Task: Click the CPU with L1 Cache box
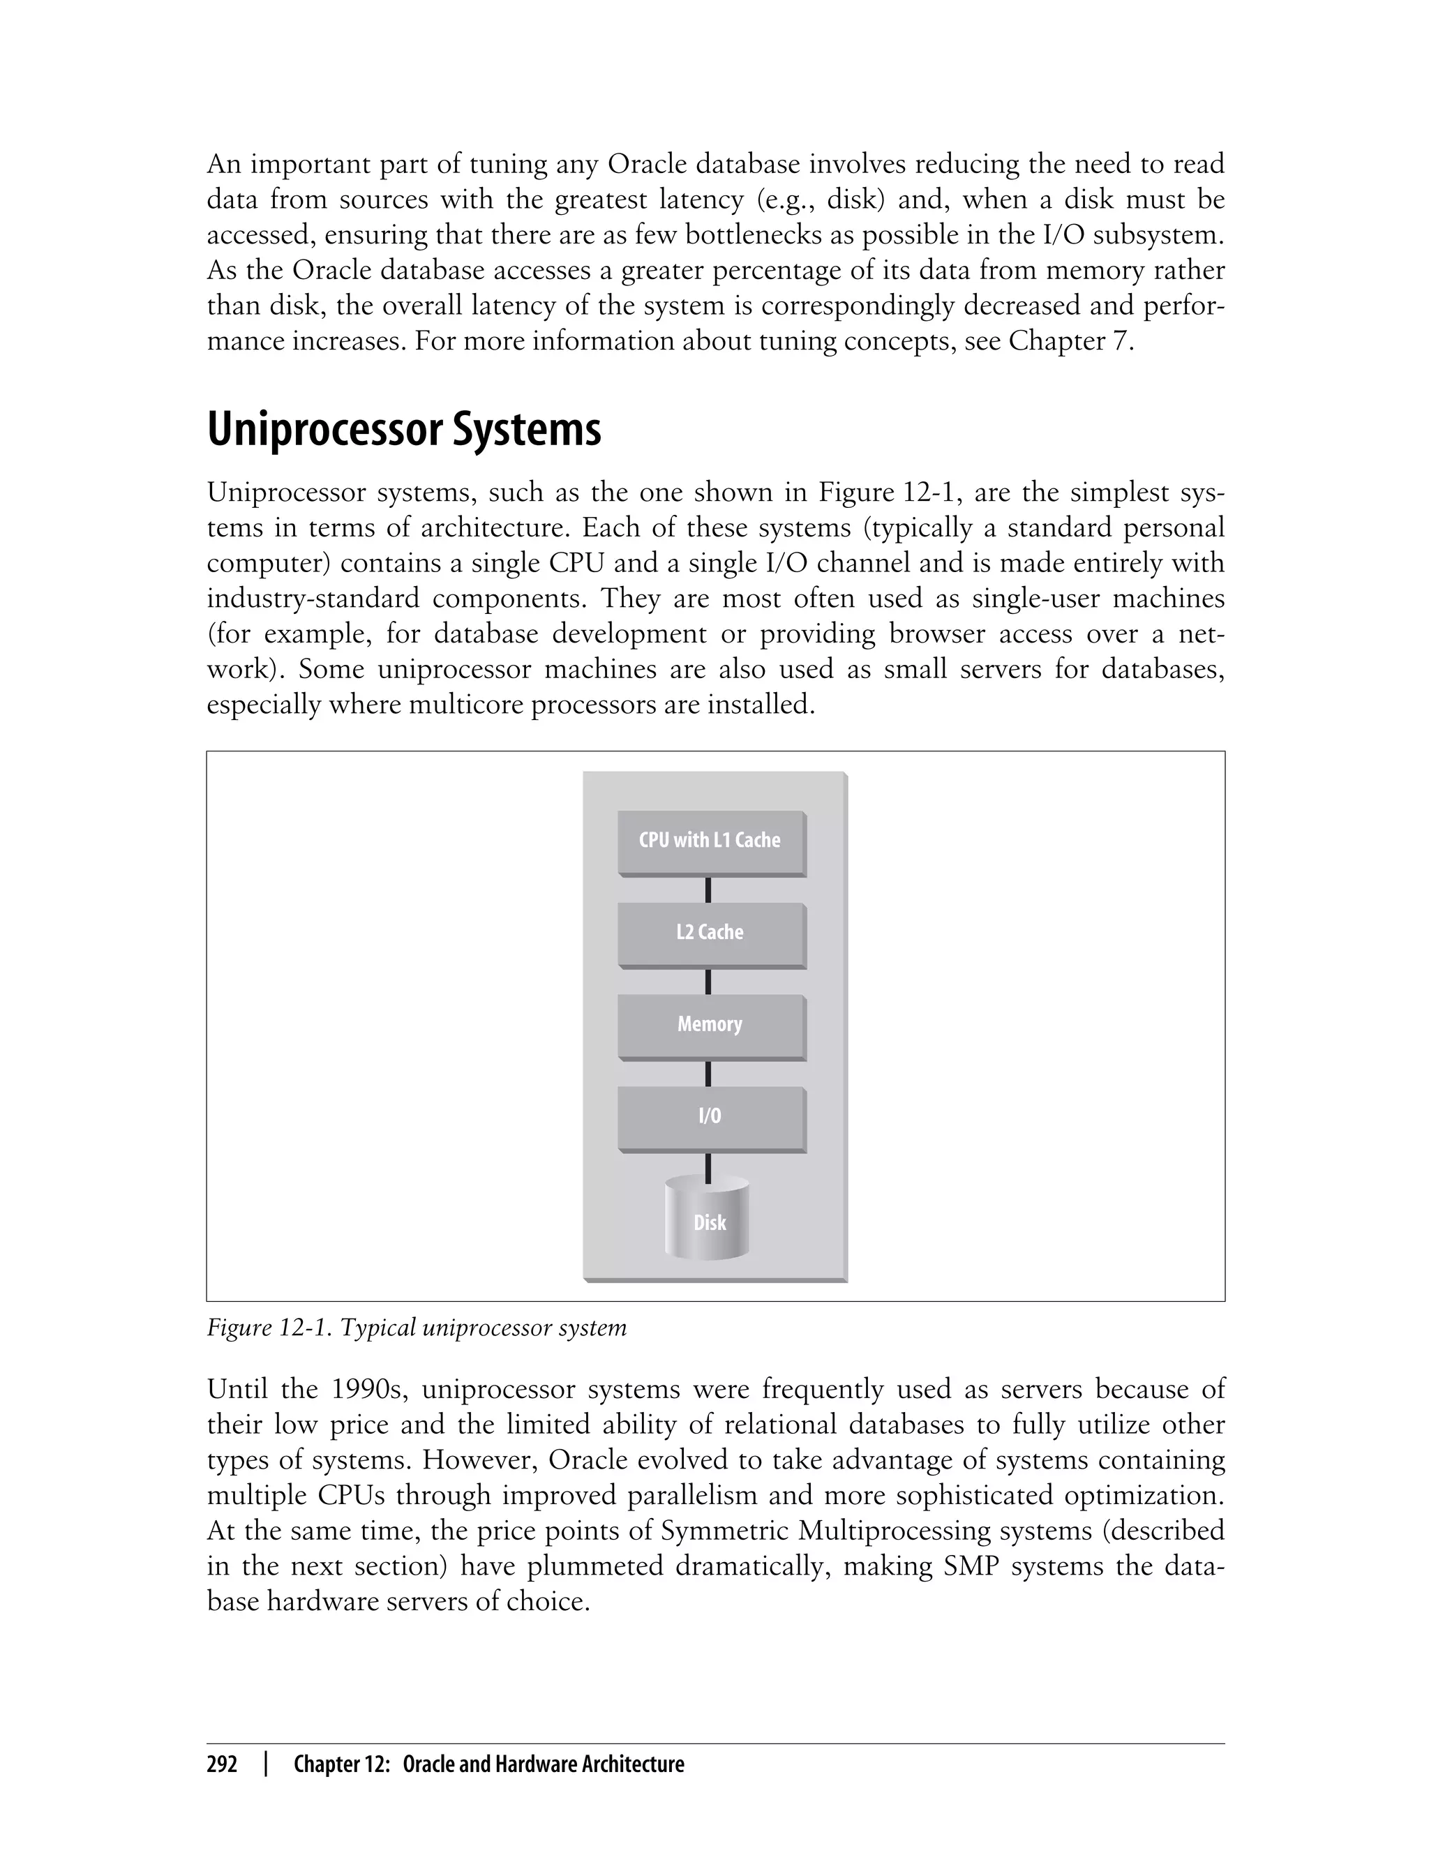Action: pyautogui.click(x=711, y=842)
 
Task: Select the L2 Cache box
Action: pyautogui.click(x=711, y=933)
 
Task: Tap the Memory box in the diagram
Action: pyautogui.click(x=711, y=1026)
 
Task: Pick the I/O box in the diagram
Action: pyautogui.click(x=711, y=1118)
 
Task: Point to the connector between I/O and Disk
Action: pyautogui.click(x=708, y=1166)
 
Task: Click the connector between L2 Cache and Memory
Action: pyautogui.click(x=708, y=982)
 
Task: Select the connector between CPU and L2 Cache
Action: pyautogui.click(x=708, y=890)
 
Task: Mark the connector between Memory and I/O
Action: pyautogui.click(x=708, y=1073)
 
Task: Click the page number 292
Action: pyautogui.click(x=222, y=1764)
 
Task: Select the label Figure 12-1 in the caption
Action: pyautogui.click(x=269, y=1328)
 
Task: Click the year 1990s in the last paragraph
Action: pyautogui.click(x=362, y=1389)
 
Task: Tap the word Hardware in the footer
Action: pyautogui.click(x=536, y=1764)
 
